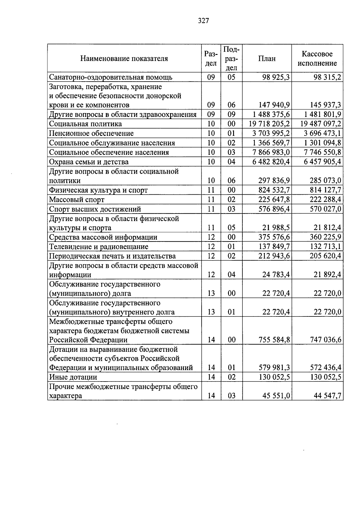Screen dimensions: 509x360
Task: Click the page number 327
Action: (x=203, y=21)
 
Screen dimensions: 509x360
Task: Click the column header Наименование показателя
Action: (x=124, y=58)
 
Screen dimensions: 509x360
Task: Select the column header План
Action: (x=267, y=58)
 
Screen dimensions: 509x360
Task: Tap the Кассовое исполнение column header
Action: (x=317, y=58)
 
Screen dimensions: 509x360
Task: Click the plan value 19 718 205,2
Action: (x=269, y=124)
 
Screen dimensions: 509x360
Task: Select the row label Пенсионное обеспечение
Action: (x=91, y=133)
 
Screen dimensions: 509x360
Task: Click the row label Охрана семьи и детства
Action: (x=89, y=162)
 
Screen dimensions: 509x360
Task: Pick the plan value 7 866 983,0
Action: (x=271, y=152)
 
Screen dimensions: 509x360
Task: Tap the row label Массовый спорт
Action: (x=77, y=200)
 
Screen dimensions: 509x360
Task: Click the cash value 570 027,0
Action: (x=325, y=209)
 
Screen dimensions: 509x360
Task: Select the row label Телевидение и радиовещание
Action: (x=99, y=247)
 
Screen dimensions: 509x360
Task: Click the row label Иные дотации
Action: (x=73, y=377)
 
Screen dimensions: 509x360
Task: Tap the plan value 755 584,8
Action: (x=274, y=340)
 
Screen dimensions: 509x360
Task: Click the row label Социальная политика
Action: (x=85, y=124)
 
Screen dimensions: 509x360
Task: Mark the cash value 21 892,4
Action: (x=327, y=275)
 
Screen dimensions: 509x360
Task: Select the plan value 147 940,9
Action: (x=274, y=105)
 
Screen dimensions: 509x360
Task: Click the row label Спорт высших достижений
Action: (x=95, y=209)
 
